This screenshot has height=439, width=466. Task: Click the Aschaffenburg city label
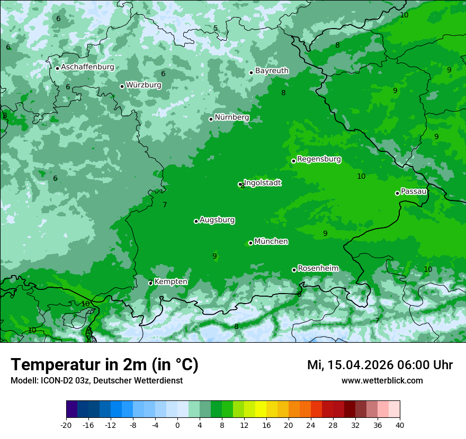87,67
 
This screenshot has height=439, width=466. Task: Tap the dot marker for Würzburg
122,86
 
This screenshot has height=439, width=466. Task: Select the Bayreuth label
272,70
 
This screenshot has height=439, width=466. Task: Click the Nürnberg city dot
211,119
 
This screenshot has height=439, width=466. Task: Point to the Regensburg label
319,159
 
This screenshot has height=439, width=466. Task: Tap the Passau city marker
397,193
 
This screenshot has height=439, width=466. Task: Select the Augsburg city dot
196,221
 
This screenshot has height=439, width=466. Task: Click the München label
271,241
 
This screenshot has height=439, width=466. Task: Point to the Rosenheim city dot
294,270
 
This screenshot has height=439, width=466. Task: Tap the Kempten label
171,281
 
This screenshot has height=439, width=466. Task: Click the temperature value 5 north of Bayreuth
216,29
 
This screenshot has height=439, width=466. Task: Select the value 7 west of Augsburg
165,205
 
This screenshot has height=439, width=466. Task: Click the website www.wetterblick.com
382,380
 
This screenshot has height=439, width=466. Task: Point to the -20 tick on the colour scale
66,425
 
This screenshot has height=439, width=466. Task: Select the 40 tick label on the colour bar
399,425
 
